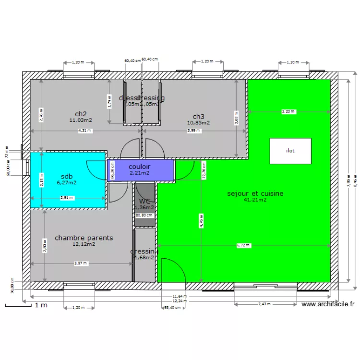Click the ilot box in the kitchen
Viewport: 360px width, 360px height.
[x=290, y=151]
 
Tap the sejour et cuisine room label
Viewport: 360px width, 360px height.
[x=255, y=193]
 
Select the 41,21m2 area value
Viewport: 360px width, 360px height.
[x=255, y=200]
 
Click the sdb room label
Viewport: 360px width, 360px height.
[x=67, y=176]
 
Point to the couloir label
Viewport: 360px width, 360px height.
[x=139, y=166]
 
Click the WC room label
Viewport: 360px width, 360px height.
[x=145, y=201]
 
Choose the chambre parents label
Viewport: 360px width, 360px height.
[x=84, y=238]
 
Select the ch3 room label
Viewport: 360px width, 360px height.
[x=198, y=116]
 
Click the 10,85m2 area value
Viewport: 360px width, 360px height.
[x=198, y=123]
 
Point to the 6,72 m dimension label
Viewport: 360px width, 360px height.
[x=243, y=245]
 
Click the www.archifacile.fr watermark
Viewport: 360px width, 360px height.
[x=328, y=304]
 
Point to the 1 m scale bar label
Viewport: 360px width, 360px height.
[x=41, y=305]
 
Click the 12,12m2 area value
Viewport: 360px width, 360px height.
[x=84, y=244]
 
